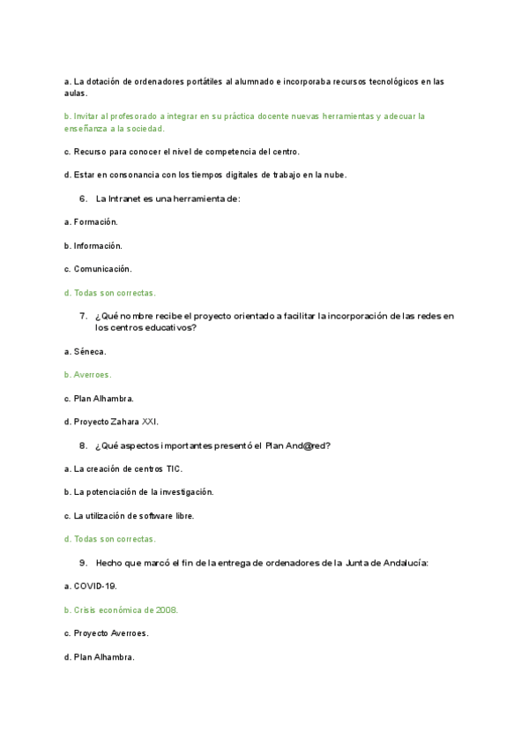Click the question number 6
pyautogui.click(x=82, y=198)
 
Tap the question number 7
pyautogui.click(x=82, y=316)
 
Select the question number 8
pyautogui.click(x=82, y=445)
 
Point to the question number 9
pyautogui.click(x=82, y=563)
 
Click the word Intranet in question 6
pyautogui.click(x=126, y=198)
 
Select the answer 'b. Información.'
pyautogui.click(x=93, y=245)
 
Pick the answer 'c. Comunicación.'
pyautogui.click(x=98, y=269)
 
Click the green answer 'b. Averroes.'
pyautogui.click(x=88, y=375)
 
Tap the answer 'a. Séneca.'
pyautogui.click(x=86, y=351)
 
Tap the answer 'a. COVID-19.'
pyautogui.click(x=91, y=586)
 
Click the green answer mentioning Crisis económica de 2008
pyautogui.click(x=122, y=610)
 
